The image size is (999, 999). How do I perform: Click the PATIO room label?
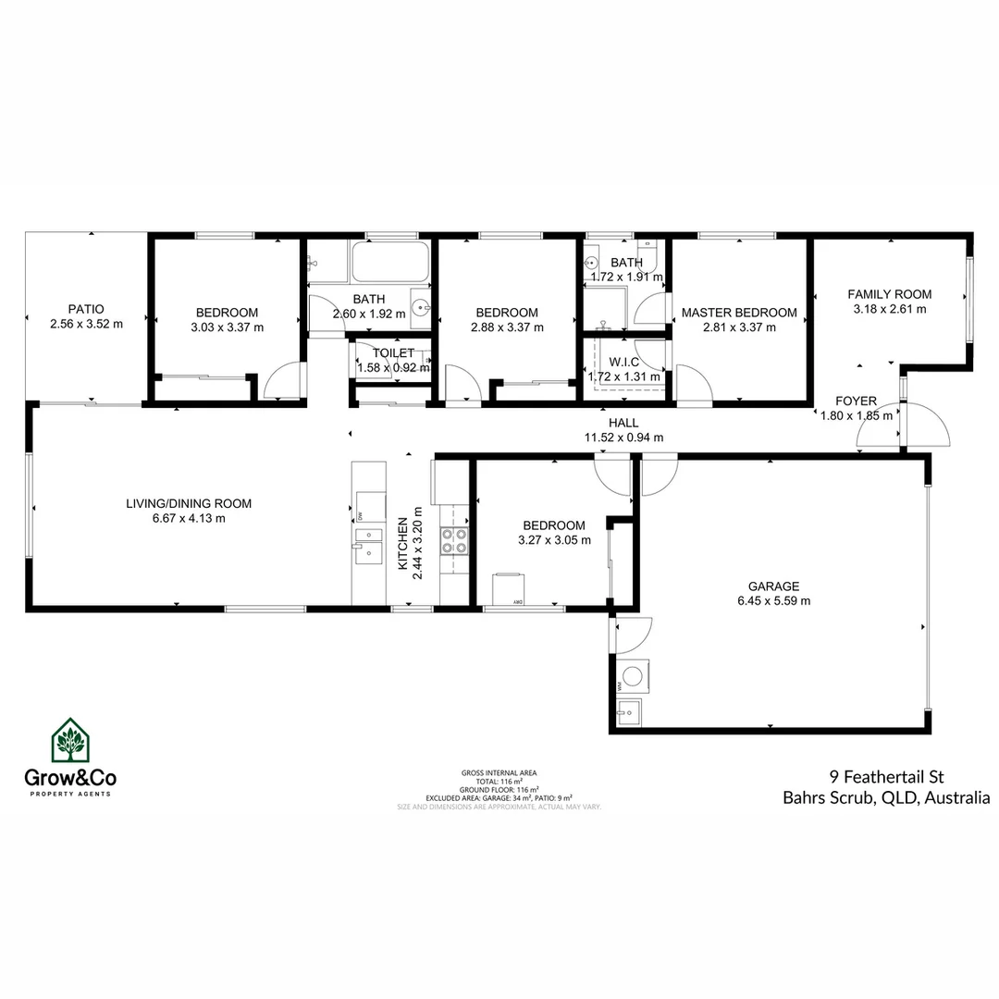point(86,309)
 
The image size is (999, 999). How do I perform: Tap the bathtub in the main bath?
point(389,263)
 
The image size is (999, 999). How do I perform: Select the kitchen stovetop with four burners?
point(454,540)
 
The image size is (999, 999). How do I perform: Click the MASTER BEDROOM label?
point(738,313)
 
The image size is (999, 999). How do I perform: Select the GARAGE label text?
point(773,586)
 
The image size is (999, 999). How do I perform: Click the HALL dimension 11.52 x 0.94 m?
point(623,438)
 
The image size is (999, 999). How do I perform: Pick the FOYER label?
point(856,401)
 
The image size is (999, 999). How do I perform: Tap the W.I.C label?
point(624,362)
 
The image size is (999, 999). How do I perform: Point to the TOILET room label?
point(393,353)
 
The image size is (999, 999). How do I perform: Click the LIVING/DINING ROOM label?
point(189,504)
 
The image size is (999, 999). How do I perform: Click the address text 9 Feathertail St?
point(887,777)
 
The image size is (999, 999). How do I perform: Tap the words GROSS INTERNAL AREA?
point(499,772)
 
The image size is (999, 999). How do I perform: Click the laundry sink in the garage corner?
point(629,712)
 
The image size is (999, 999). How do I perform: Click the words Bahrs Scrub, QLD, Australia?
point(886,797)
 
